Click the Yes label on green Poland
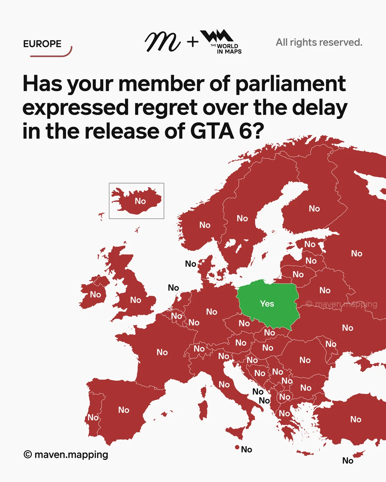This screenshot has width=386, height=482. [x=267, y=304]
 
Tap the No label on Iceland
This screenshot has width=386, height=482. [x=140, y=201]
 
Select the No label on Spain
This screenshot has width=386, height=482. [x=124, y=410]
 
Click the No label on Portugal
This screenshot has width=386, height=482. [x=93, y=417]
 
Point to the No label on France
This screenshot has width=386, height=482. [x=162, y=352]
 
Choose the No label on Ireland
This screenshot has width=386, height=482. [x=95, y=295]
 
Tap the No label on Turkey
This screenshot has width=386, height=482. [x=356, y=419]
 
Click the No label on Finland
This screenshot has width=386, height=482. [x=314, y=209]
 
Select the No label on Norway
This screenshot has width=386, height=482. [x=205, y=225]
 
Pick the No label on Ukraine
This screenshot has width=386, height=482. [x=347, y=328]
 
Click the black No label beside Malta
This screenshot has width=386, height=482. [x=247, y=450]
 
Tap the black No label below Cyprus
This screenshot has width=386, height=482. [x=348, y=461]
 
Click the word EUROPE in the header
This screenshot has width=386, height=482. [x=42, y=44]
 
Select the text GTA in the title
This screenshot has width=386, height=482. [x=212, y=131]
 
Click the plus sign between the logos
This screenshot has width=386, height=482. [x=193, y=42]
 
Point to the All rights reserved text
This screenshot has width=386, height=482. [x=319, y=42]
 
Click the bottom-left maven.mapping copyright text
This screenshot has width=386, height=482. [x=66, y=455]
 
